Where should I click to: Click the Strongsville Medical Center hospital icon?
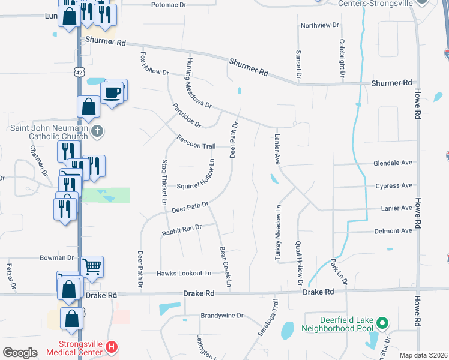point(111,346)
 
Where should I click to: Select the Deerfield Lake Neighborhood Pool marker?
point(381,325)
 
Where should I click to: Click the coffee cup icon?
point(112,92)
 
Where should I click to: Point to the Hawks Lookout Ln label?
point(184,273)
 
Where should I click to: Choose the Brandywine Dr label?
point(221,315)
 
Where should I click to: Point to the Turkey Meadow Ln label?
point(278,233)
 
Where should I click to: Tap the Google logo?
point(20,353)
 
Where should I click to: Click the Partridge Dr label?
point(187,114)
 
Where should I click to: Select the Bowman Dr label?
point(58,257)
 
